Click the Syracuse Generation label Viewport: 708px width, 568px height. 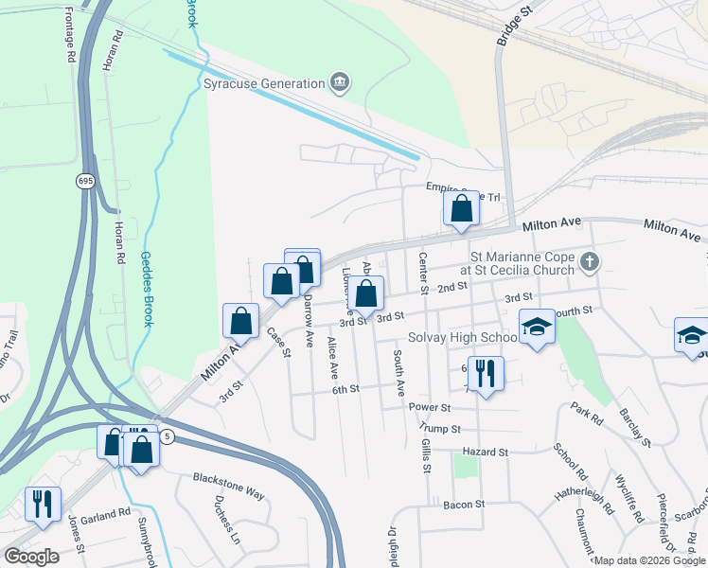pyautogui.click(x=264, y=83)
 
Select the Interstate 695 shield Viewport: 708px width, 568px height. pyautogui.click(x=85, y=180)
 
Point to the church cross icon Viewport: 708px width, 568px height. pyautogui.click(x=589, y=261)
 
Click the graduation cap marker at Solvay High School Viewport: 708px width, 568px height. pyautogui.click(x=538, y=328)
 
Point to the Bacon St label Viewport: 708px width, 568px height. pyautogui.click(x=465, y=505)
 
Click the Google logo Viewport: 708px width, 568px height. pyautogui.click(x=31, y=556)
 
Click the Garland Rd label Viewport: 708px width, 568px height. pyautogui.click(x=105, y=513)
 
